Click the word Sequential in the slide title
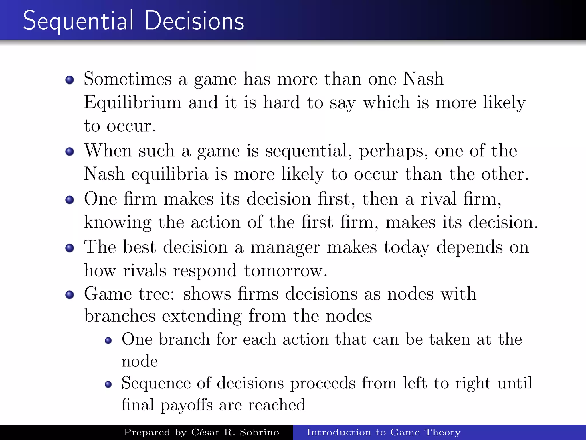click(x=78, y=21)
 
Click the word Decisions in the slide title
click(x=195, y=21)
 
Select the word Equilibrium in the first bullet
click(x=132, y=103)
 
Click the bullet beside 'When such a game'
click(x=70, y=151)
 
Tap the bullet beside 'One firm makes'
click(x=70, y=199)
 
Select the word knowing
click(x=118, y=223)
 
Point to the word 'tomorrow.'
click(x=286, y=271)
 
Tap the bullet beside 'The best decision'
click(x=70, y=247)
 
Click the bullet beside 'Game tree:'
click(x=70, y=294)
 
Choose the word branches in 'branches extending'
click(x=120, y=316)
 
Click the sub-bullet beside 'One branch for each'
click(x=108, y=340)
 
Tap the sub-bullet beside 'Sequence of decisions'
click(x=108, y=384)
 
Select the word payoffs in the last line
click(x=187, y=405)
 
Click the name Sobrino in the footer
click(x=259, y=432)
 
